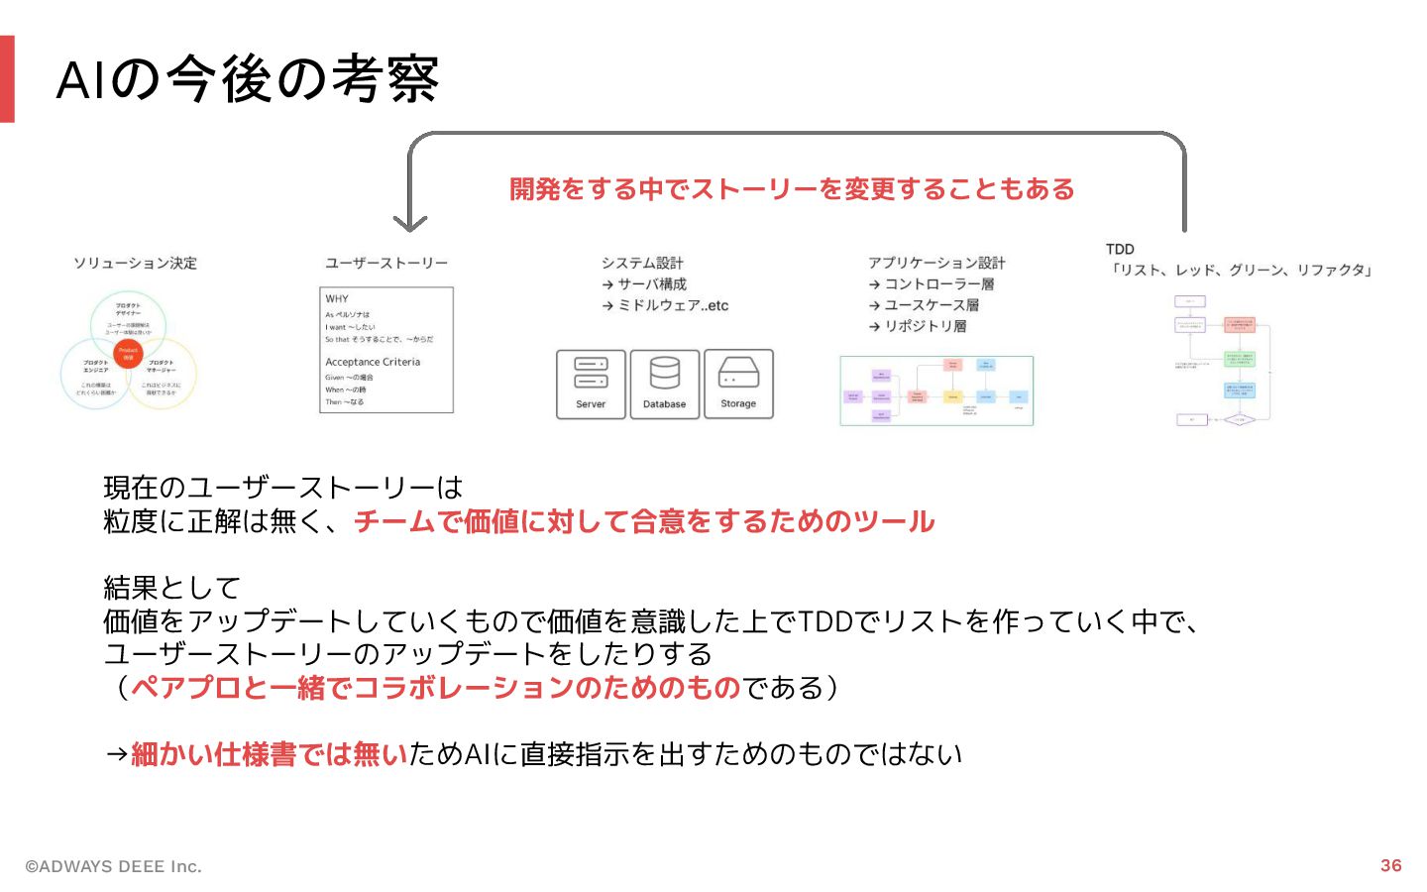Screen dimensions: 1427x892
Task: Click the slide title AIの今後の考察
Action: click(248, 79)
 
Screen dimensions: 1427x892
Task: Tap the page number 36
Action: click(1390, 865)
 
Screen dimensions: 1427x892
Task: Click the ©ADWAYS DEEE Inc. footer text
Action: click(113, 866)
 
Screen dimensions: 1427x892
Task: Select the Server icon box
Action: click(591, 385)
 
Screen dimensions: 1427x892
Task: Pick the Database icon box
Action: click(664, 385)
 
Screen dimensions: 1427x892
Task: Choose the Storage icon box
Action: click(738, 385)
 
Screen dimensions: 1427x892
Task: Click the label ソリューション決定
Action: click(135, 263)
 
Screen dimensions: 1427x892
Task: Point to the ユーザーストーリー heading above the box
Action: click(386, 263)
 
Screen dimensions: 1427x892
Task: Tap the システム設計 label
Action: click(642, 263)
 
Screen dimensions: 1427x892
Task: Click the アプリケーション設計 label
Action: click(936, 263)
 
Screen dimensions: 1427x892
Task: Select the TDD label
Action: click(1120, 249)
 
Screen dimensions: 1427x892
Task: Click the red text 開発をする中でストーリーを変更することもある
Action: click(792, 189)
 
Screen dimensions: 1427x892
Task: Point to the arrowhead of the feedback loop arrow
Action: click(409, 224)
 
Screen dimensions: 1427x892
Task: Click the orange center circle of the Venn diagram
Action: click(128, 353)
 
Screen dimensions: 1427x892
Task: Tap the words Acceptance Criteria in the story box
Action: click(373, 362)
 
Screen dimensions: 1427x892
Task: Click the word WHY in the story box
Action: click(337, 298)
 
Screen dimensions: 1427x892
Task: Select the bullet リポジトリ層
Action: click(925, 326)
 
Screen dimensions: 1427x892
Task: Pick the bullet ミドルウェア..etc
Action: click(672, 305)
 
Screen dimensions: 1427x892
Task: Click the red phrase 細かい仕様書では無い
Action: click(269, 754)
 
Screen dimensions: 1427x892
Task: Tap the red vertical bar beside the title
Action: click(7, 79)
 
